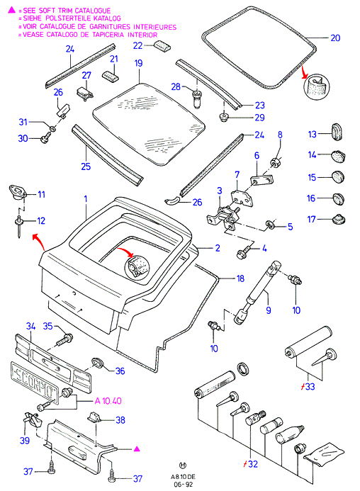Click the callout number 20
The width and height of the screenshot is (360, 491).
[335, 38]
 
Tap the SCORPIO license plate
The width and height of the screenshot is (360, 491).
[35, 383]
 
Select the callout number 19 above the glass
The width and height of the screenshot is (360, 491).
[138, 63]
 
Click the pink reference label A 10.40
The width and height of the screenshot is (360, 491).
[108, 401]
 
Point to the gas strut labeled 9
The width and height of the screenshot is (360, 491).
[257, 292]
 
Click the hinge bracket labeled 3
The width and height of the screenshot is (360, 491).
[222, 217]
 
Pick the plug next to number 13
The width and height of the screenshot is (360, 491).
[337, 132]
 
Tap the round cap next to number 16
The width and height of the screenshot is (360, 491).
[338, 199]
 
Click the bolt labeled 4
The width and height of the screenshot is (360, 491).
[244, 252]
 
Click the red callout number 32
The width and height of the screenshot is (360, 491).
[252, 464]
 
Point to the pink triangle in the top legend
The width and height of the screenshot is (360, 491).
[11, 10]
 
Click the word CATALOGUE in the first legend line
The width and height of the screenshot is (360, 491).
[93, 11]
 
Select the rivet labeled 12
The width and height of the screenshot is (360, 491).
[19, 226]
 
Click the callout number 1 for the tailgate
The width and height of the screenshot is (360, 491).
[86, 199]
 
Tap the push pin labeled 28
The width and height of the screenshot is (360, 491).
[197, 98]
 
